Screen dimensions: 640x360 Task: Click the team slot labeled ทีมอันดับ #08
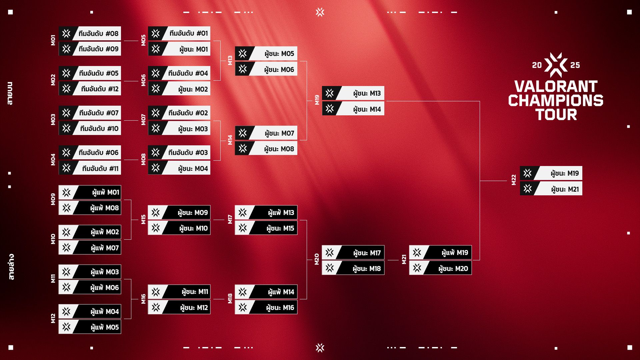[90, 33]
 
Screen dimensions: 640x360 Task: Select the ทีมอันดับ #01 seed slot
[179, 33]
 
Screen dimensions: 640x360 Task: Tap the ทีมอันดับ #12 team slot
[90, 89]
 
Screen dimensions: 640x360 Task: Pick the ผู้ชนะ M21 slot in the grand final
[551, 189]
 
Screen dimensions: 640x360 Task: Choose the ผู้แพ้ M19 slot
[440, 252]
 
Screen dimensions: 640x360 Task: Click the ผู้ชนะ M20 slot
[440, 268]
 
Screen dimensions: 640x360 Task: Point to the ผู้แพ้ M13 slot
[266, 212]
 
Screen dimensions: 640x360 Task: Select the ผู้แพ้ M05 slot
[90, 327]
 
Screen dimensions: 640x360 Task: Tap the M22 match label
[514, 180]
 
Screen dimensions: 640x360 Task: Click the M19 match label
[317, 100]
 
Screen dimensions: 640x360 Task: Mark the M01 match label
[53, 40]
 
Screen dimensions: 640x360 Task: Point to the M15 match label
[143, 219]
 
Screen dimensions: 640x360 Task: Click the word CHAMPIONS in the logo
[556, 100]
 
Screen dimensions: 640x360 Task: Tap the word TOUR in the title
[556, 114]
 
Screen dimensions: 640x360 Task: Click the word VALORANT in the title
[556, 86]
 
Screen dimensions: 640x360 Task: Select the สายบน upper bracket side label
[10, 94]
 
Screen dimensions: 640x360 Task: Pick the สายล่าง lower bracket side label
[11, 267]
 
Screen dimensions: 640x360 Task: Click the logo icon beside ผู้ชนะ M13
[330, 93]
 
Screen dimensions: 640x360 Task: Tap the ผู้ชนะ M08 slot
[266, 149]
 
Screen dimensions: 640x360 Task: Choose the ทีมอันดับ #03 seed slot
[179, 152]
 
